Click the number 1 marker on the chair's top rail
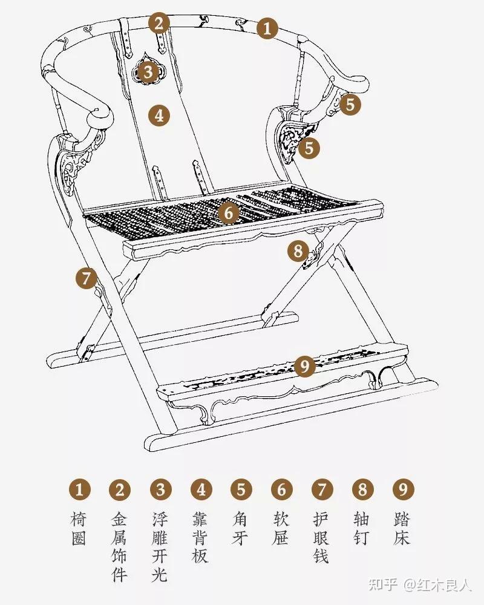[267, 28]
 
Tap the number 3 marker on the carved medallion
[148, 72]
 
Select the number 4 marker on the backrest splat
[160, 115]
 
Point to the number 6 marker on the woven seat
[229, 212]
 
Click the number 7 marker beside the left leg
[86, 278]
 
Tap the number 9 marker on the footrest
[305, 365]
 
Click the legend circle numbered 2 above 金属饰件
[120, 489]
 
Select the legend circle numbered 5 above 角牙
[241, 489]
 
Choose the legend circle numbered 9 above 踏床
[403, 489]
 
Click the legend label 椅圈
[79, 528]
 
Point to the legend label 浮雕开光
[160, 547]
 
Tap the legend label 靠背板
[200, 537]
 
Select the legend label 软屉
[281, 528]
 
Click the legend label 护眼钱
[321, 537]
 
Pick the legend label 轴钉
[362, 528]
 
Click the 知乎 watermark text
[383, 585]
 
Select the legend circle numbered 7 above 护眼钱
[322, 489]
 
